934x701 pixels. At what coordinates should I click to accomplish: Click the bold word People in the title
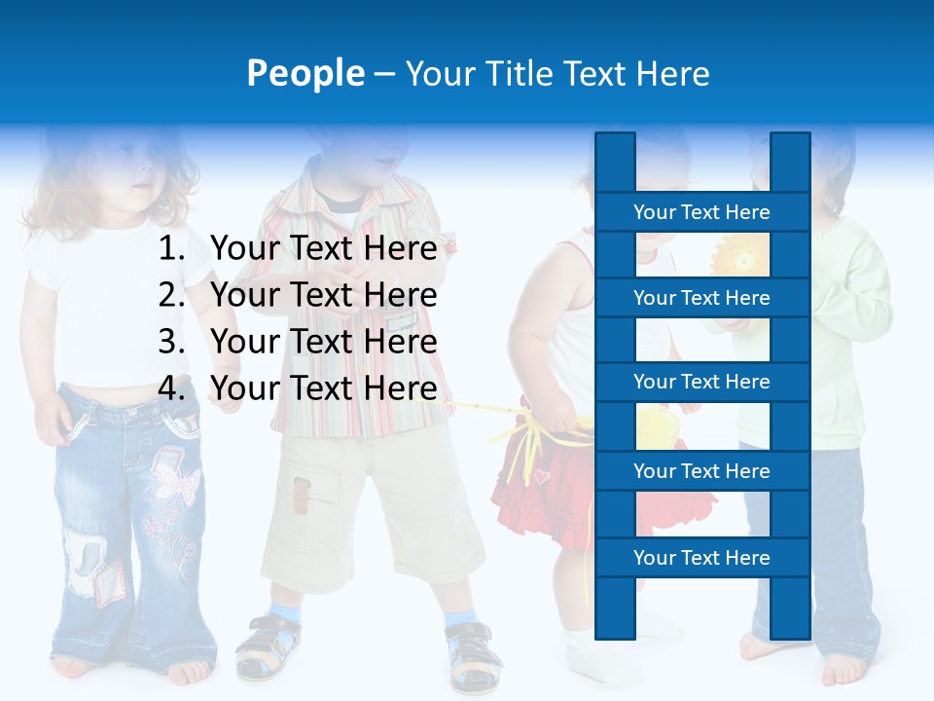click(x=305, y=73)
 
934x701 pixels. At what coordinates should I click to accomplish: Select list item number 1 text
click(x=323, y=249)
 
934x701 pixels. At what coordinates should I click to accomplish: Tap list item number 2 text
click(x=323, y=295)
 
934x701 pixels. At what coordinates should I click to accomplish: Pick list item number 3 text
click(x=323, y=342)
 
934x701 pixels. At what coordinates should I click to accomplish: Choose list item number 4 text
click(x=323, y=388)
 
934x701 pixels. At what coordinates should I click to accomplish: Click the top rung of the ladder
click(x=701, y=212)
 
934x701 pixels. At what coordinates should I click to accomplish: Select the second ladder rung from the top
click(x=701, y=298)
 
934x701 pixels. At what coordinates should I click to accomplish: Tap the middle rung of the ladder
click(x=701, y=383)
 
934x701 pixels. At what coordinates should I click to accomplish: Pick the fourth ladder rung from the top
click(x=701, y=471)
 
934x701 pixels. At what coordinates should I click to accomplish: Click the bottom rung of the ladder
click(x=701, y=558)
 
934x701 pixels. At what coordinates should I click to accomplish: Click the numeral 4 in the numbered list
click(x=169, y=388)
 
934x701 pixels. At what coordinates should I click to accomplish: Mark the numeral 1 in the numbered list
click(x=169, y=249)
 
